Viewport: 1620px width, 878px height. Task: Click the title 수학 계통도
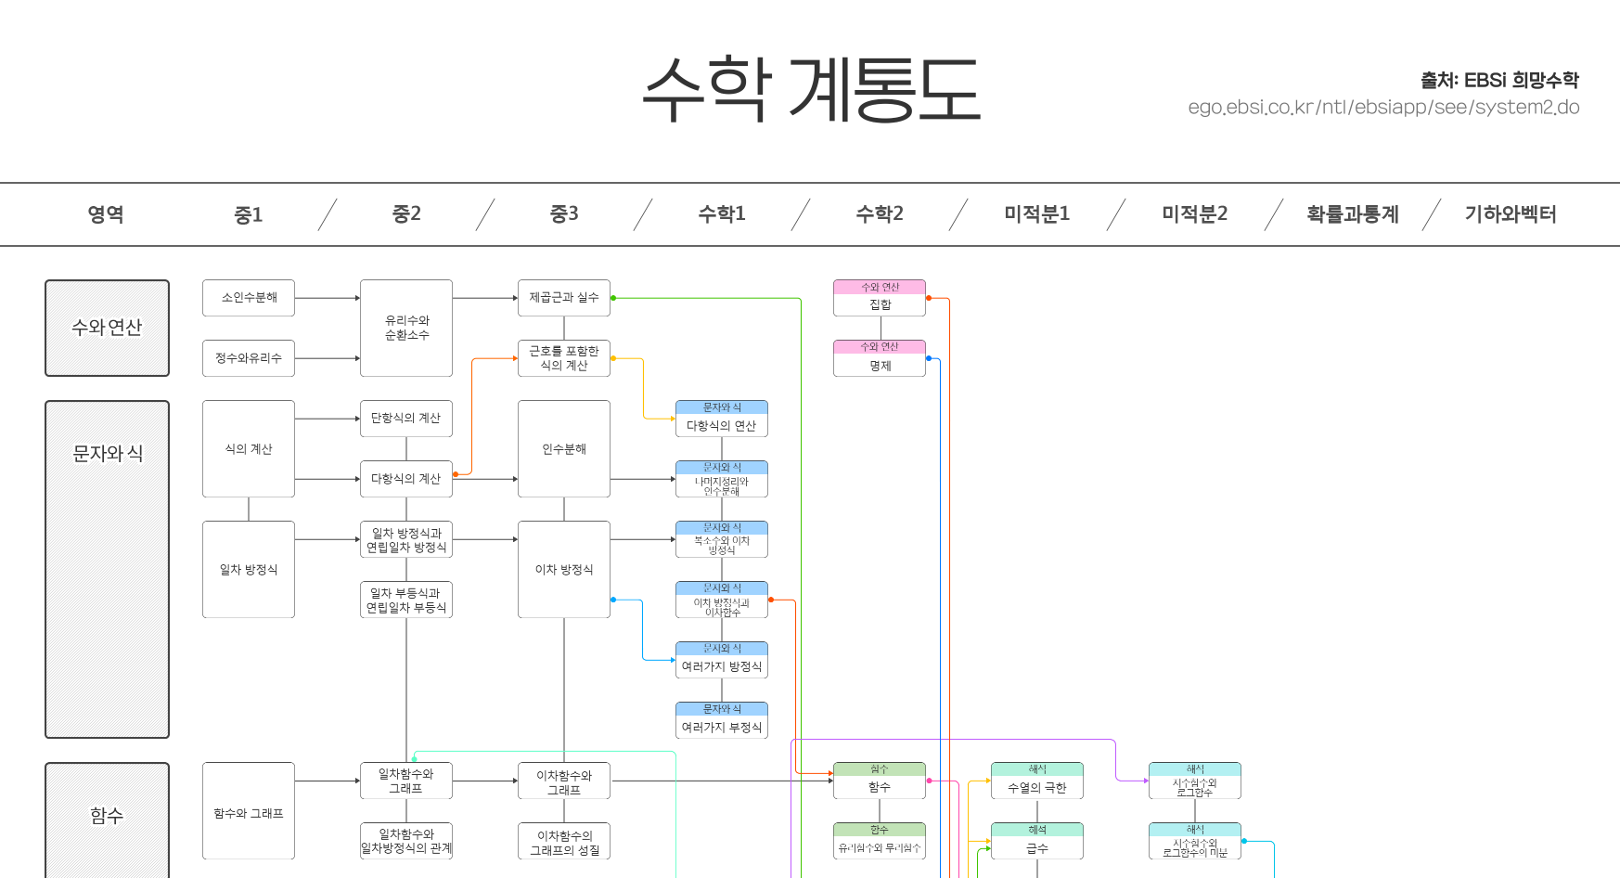[811, 89]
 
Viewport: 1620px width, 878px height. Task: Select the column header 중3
[564, 214]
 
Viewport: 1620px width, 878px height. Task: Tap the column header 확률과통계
[1352, 214]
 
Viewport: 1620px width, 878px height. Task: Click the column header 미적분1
[1036, 214]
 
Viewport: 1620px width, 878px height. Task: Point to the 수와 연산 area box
[107, 328]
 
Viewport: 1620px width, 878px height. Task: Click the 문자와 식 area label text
[108, 454]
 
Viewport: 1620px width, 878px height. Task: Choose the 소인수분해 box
[249, 298]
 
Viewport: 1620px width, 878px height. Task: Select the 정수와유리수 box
[249, 358]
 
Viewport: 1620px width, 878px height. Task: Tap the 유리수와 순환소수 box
[406, 328]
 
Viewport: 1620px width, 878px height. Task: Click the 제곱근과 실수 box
[564, 298]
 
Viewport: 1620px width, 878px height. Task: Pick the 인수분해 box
[564, 449]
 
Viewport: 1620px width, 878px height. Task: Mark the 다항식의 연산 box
[721, 420]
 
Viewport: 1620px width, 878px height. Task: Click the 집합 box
[880, 299]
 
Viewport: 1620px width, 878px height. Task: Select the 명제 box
[880, 359]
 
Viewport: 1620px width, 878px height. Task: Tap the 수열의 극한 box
[1036, 781]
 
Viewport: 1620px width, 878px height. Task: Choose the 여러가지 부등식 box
[721, 721]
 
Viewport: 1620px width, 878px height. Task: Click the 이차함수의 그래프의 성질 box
[564, 842]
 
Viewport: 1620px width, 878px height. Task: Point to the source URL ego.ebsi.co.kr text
[1383, 108]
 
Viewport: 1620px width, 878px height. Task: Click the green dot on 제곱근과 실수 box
[613, 298]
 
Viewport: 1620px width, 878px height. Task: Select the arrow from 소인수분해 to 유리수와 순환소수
[327, 298]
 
